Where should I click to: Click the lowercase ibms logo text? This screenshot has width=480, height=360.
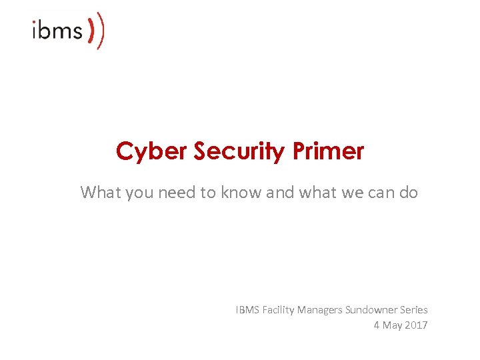pos(57,31)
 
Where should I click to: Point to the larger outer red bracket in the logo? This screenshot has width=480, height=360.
pos(101,31)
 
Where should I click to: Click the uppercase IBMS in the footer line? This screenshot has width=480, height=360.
pos(247,309)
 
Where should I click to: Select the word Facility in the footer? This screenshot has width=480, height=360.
pos(279,309)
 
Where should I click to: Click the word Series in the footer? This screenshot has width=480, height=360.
pos(413,309)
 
